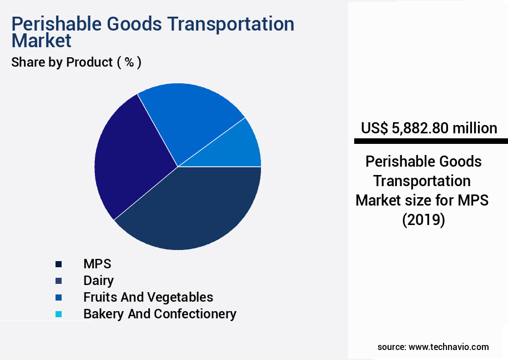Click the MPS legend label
pos(97,264)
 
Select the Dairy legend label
pos(98,281)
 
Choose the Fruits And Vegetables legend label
pos(148,297)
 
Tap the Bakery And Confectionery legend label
pos(160,314)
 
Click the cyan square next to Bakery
pos(58,314)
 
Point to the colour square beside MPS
pos(58,264)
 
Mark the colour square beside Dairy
pos(58,281)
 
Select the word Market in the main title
pos(41,41)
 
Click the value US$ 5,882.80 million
pos(429,128)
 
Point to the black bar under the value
pos(431,142)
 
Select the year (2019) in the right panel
pos(423,219)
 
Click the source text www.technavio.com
pos(449,347)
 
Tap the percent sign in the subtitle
pos(129,62)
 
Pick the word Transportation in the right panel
pos(422,181)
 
